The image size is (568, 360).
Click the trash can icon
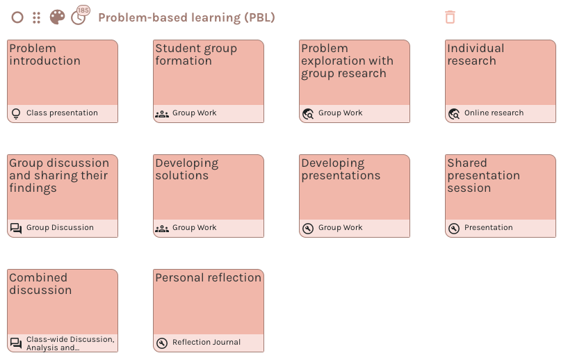tap(450, 17)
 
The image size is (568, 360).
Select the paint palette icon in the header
tap(57, 17)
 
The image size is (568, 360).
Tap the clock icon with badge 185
tap(79, 17)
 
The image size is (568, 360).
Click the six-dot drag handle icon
tap(37, 17)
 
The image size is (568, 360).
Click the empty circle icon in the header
tap(17, 17)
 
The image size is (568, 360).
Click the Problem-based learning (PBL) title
tap(186, 17)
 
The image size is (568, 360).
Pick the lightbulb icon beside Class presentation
tap(16, 113)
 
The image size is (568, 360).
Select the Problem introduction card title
tap(44, 55)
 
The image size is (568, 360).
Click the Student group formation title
tap(196, 55)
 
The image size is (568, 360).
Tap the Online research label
tap(494, 113)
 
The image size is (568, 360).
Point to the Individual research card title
tap(476, 55)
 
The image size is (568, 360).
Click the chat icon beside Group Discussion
tap(16, 228)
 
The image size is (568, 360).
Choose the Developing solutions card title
tap(186, 169)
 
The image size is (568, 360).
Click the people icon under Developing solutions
tap(162, 228)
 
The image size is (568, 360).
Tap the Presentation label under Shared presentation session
tap(488, 227)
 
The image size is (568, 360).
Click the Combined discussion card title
tap(40, 284)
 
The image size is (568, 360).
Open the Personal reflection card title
tap(208, 277)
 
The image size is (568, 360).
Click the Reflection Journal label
tap(206, 342)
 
